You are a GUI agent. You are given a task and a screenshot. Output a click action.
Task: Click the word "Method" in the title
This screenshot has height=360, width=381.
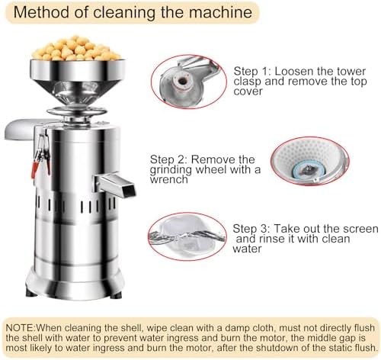click(41, 12)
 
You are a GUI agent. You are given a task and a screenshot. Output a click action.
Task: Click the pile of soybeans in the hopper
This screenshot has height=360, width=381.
click(75, 49)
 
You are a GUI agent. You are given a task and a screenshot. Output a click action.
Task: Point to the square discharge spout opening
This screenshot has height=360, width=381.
click(129, 189)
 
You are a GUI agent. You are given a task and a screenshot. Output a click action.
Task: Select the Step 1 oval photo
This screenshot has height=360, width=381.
click(188, 82)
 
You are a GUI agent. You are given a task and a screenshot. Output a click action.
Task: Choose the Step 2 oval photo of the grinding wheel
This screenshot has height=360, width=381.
click(310, 161)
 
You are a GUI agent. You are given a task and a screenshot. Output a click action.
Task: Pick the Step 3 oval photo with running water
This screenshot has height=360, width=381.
click(187, 236)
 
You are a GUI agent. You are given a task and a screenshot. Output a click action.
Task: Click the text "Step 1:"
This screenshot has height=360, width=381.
click(253, 72)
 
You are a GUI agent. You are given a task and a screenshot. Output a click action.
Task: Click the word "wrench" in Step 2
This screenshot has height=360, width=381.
click(169, 180)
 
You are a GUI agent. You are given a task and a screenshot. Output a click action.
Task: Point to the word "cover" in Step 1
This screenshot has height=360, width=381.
click(248, 92)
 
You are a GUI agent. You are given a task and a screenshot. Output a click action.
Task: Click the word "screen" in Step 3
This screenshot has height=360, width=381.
click(360, 229)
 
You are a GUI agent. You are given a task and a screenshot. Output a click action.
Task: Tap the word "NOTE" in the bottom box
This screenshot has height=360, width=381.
click(21, 328)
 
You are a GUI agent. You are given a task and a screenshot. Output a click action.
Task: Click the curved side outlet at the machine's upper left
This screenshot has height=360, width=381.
click(19, 129)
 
